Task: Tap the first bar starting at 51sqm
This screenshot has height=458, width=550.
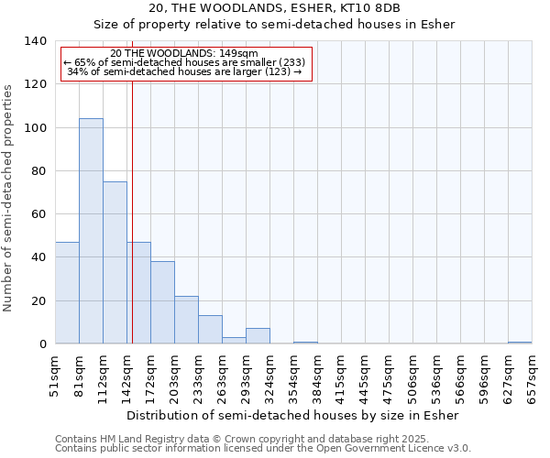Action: [x=67, y=293]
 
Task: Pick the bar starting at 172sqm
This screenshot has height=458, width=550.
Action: [x=162, y=302]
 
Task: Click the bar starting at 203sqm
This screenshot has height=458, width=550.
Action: [x=186, y=320]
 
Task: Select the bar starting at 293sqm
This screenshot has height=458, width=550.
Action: [x=258, y=336]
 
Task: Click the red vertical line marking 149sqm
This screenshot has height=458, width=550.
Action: [x=132, y=229]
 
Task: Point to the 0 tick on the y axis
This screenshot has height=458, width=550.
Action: [x=42, y=344]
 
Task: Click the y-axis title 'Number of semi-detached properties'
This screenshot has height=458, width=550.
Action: [x=9, y=198]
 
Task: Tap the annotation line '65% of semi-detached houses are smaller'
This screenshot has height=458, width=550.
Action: [x=186, y=62]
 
